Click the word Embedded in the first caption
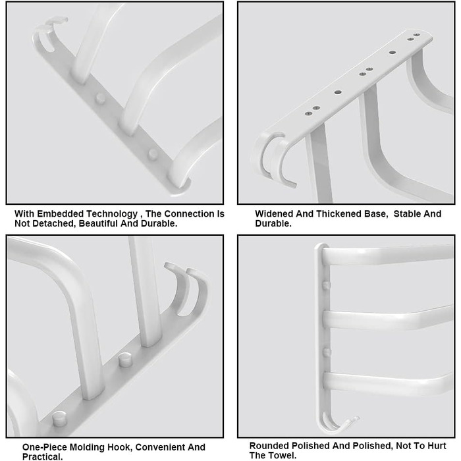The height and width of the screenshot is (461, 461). coord(61,214)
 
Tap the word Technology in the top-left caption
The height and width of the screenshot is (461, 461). coord(112,214)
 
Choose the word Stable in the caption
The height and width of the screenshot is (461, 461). coord(406,214)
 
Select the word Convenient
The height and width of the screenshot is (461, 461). coord(160,447)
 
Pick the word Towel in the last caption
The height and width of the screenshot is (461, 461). coord(283,456)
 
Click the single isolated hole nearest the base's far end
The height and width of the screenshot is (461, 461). coord(393,52)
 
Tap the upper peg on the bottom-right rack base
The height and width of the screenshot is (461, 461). coord(327,285)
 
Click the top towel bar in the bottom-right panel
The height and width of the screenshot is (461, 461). coord(387,255)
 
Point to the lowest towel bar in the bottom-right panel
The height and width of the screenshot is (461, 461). coord(387,383)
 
